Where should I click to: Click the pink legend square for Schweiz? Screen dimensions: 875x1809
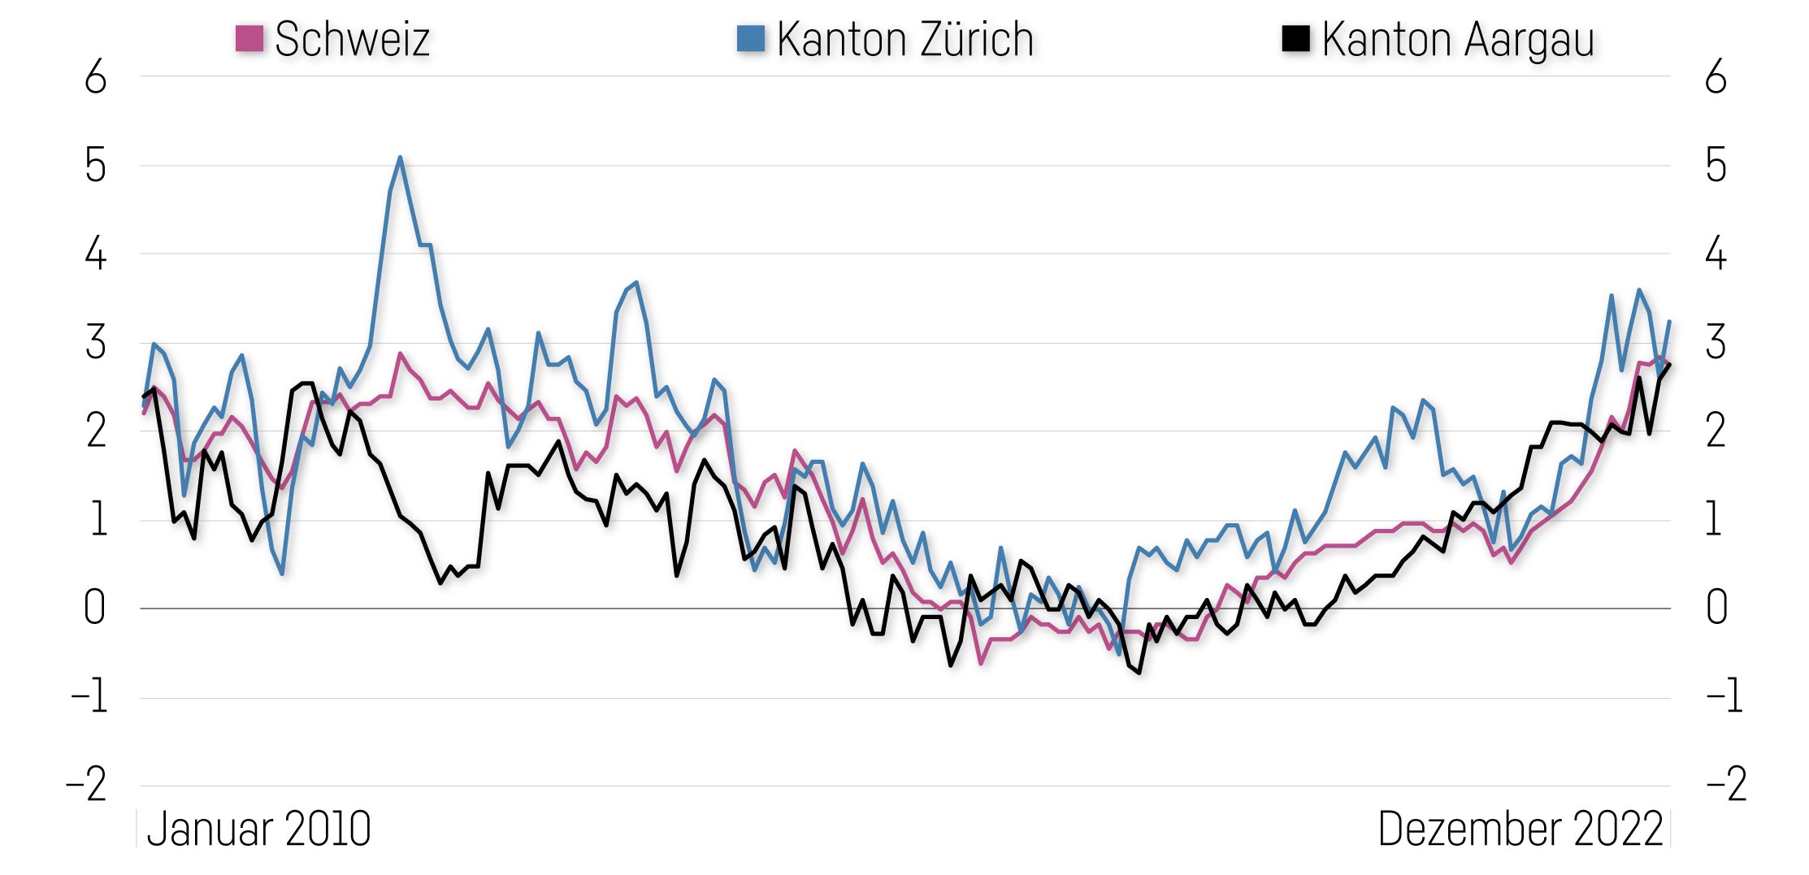click(x=249, y=38)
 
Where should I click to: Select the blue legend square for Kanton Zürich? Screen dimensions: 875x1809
click(x=750, y=38)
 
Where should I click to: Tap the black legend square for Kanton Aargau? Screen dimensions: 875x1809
click(x=1295, y=38)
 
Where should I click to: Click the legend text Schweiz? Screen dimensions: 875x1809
click(x=352, y=39)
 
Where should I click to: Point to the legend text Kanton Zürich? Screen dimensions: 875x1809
click(x=904, y=39)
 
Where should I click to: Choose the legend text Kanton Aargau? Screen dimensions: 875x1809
click(x=1458, y=39)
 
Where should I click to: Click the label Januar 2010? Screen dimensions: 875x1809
click(x=258, y=830)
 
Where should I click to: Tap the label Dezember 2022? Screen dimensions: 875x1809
click(x=1521, y=830)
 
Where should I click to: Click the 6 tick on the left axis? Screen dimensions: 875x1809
click(x=96, y=78)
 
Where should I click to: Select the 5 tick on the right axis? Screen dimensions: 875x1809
click(x=1716, y=167)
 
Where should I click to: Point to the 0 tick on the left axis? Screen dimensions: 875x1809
click(x=95, y=609)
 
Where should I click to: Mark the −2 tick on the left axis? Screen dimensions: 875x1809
click(x=87, y=786)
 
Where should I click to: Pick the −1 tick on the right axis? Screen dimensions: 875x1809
click(x=1724, y=697)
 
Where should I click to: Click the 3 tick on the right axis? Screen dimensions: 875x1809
click(x=1716, y=343)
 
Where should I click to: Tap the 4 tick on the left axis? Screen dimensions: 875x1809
click(x=96, y=254)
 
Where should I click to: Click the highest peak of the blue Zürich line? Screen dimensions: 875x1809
click(x=400, y=158)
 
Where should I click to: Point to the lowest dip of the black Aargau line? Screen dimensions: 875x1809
click(x=1139, y=673)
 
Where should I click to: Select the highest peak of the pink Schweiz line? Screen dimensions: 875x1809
click(x=400, y=354)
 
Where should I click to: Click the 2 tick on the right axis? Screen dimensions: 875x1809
click(x=1716, y=431)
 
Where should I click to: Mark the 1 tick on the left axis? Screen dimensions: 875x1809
click(x=98, y=520)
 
